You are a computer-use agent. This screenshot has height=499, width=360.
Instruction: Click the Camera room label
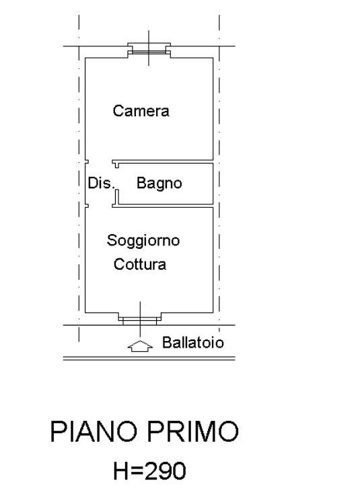141,111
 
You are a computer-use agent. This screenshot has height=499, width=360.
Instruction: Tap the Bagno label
159,184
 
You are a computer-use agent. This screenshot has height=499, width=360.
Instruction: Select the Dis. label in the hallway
101,183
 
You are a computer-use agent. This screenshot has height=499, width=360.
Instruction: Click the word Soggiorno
143,241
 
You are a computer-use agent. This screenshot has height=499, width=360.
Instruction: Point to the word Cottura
140,264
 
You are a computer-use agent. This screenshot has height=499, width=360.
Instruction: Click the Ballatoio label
193,342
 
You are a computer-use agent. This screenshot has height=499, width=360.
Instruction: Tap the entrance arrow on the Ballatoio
140,346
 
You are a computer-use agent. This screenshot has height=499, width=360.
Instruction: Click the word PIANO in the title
94,432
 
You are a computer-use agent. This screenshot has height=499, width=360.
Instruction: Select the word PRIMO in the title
192,432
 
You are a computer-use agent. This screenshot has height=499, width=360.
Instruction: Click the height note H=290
149,471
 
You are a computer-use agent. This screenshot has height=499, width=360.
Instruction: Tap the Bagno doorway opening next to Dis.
116,178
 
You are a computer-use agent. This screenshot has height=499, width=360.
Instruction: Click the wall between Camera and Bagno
163,161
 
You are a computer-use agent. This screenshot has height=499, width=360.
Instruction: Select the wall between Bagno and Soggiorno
163,206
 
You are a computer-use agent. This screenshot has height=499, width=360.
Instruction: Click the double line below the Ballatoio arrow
149,358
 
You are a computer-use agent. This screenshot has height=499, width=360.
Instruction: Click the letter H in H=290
120,471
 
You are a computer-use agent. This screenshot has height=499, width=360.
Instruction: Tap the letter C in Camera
118,111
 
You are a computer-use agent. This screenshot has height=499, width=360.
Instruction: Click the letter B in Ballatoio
167,342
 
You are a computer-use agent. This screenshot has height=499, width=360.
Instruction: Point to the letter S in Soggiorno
112,240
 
